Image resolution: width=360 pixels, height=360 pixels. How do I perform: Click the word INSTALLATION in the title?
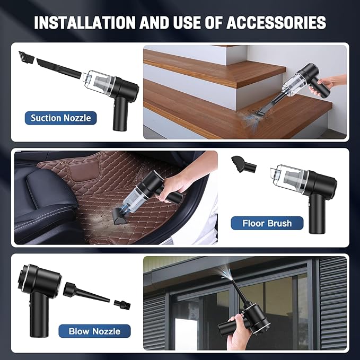85,22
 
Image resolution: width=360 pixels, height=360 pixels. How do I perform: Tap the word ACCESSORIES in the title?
276,22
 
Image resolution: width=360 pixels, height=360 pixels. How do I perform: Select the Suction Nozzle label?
61,118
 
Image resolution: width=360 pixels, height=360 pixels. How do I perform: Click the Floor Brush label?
267,223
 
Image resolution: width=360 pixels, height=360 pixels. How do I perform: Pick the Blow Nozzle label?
94,331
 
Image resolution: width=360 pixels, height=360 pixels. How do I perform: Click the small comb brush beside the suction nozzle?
27,57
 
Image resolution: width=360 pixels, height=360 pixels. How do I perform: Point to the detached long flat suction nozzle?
59,68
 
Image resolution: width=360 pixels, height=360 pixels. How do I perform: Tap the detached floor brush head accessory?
243,164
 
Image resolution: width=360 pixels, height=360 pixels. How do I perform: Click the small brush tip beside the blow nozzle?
122,305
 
